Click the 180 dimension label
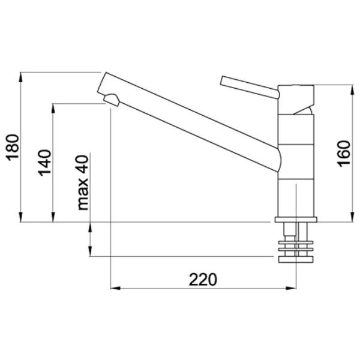[x=13, y=148]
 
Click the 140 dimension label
[x=44, y=163]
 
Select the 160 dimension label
[x=344, y=154]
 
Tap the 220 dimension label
[x=203, y=279]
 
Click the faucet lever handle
[x=250, y=88]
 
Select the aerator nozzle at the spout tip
[x=112, y=100]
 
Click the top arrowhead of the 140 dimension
[x=53, y=109]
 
